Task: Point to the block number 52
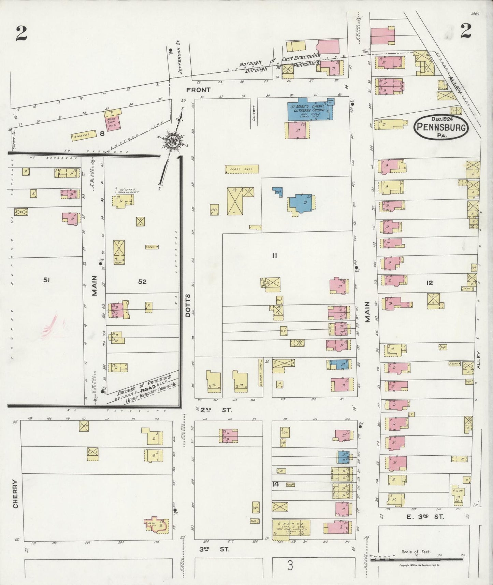(142, 282)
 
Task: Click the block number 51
(47, 280)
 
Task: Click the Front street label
(198, 90)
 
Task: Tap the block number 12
(429, 283)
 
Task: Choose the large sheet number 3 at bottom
(290, 566)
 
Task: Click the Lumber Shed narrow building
(261, 373)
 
